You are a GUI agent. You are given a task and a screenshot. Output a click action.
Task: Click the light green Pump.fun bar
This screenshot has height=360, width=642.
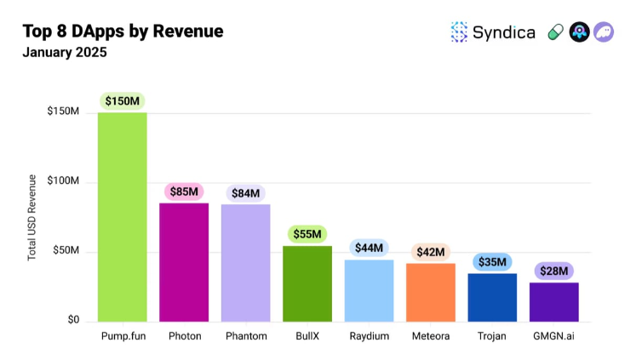click(122, 217)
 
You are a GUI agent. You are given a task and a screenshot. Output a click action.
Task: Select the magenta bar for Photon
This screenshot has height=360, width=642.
click(184, 262)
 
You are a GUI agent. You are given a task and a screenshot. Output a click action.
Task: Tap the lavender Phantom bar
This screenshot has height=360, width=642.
click(245, 263)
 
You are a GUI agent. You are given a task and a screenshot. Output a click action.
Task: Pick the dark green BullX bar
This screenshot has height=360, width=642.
click(307, 283)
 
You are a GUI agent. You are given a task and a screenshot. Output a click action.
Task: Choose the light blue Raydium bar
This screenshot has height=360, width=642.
click(369, 290)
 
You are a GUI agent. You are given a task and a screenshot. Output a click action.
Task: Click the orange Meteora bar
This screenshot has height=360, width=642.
click(431, 292)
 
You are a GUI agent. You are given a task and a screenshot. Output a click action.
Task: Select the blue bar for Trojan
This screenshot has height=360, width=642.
click(492, 297)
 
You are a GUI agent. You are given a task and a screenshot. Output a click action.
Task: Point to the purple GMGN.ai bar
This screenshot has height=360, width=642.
click(554, 302)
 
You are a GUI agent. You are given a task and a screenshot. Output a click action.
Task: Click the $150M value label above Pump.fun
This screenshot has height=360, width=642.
click(122, 101)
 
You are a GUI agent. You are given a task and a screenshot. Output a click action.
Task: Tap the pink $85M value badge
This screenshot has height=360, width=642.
click(184, 191)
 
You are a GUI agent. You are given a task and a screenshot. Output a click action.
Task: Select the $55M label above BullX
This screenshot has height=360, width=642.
click(307, 234)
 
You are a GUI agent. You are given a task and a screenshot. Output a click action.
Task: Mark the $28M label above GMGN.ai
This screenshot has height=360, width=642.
click(554, 271)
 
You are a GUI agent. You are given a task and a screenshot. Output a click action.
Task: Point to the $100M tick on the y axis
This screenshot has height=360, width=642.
click(63, 182)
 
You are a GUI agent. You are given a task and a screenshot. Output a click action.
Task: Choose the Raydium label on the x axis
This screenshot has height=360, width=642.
click(369, 336)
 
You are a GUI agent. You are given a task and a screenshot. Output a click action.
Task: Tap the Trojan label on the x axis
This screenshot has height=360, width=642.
click(492, 336)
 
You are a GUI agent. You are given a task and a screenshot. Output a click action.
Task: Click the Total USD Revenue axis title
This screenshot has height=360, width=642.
click(32, 217)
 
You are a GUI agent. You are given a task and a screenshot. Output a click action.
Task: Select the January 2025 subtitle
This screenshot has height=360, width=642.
click(65, 53)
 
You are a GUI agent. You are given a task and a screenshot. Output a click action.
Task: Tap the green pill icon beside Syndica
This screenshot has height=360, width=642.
click(555, 32)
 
